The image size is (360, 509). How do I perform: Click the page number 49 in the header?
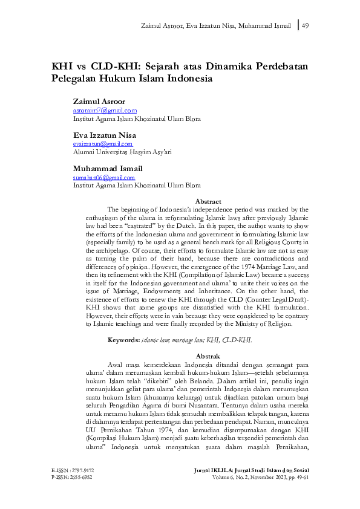click(x=305, y=25)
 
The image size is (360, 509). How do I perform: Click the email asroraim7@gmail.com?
click(x=104, y=111)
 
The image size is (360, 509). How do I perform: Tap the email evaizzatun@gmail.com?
click(x=102, y=144)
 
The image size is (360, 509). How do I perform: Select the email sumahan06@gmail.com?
click(x=103, y=178)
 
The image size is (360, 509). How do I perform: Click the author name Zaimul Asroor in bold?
click(x=99, y=102)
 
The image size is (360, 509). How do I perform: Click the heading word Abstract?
click(x=208, y=201)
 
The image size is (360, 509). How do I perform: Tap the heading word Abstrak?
click(x=208, y=356)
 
